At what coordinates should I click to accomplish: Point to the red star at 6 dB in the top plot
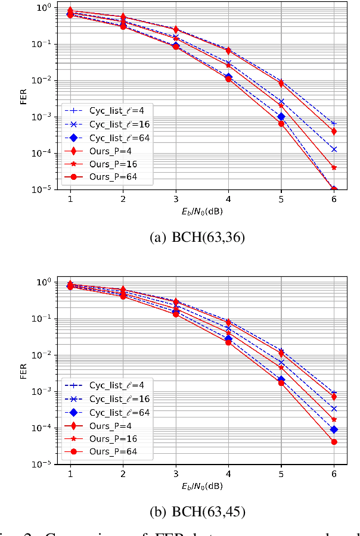coord(334,168)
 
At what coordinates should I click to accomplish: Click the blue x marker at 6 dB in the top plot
coord(334,149)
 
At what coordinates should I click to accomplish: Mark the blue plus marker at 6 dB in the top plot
coord(334,123)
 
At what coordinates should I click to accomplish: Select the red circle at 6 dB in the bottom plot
coord(334,442)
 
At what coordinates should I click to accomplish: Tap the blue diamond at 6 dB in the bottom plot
coord(334,429)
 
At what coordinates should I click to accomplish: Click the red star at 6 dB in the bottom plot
coord(334,419)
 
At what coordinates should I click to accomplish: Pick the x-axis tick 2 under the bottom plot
coord(123,474)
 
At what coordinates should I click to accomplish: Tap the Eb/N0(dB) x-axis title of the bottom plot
coord(202,487)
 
